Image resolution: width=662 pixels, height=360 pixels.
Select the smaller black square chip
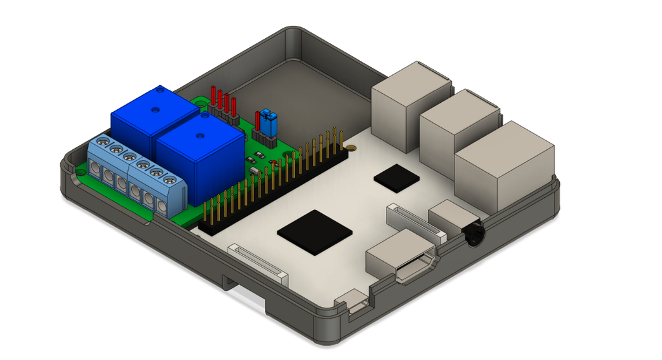click(395, 176)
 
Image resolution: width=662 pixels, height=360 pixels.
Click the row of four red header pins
click(222, 102)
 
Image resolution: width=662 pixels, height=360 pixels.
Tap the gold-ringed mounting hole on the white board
click(351, 149)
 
